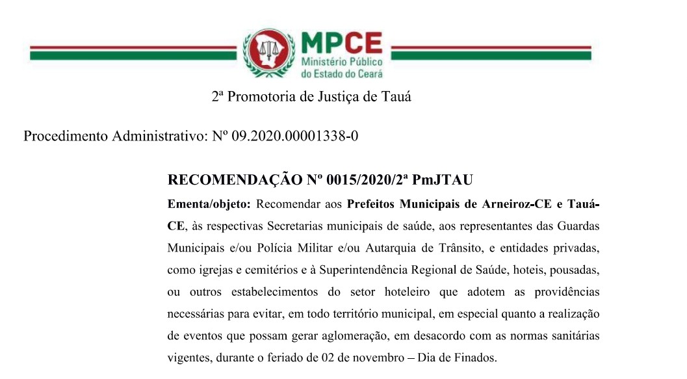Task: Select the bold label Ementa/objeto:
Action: pyautogui.click(x=209, y=204)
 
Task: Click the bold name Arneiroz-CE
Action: pyautogui.click(x=510, y=204)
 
